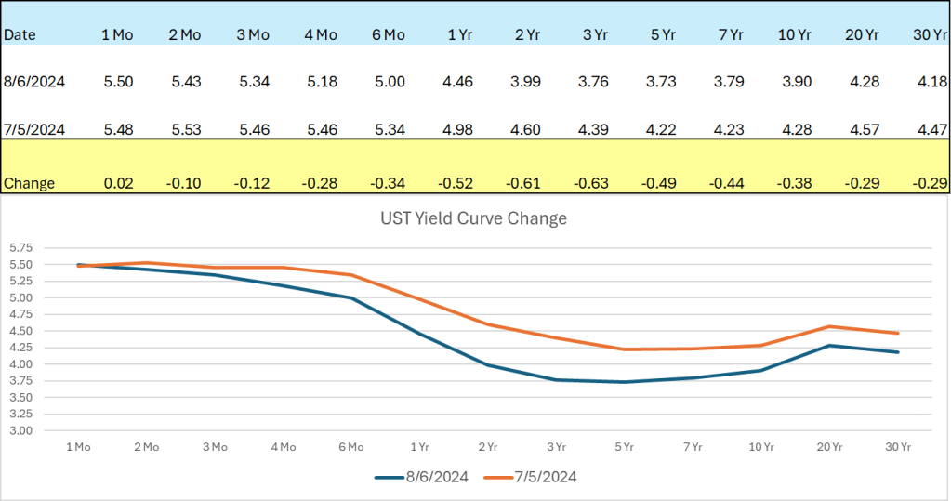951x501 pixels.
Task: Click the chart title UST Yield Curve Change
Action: click(x=473, y=219)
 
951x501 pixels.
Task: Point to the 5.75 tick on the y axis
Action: click(x=20, y=248)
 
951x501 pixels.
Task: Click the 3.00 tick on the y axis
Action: click(x=20, y=430)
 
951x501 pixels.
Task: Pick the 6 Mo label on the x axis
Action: click(x=350, y=446)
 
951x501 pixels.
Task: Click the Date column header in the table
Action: click(x=20, y=35)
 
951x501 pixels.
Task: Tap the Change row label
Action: click(x=29, y=183)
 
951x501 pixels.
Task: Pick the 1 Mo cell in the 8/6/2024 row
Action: click(x=118, y=82)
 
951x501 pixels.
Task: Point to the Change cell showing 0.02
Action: click(x=118, y=183)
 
